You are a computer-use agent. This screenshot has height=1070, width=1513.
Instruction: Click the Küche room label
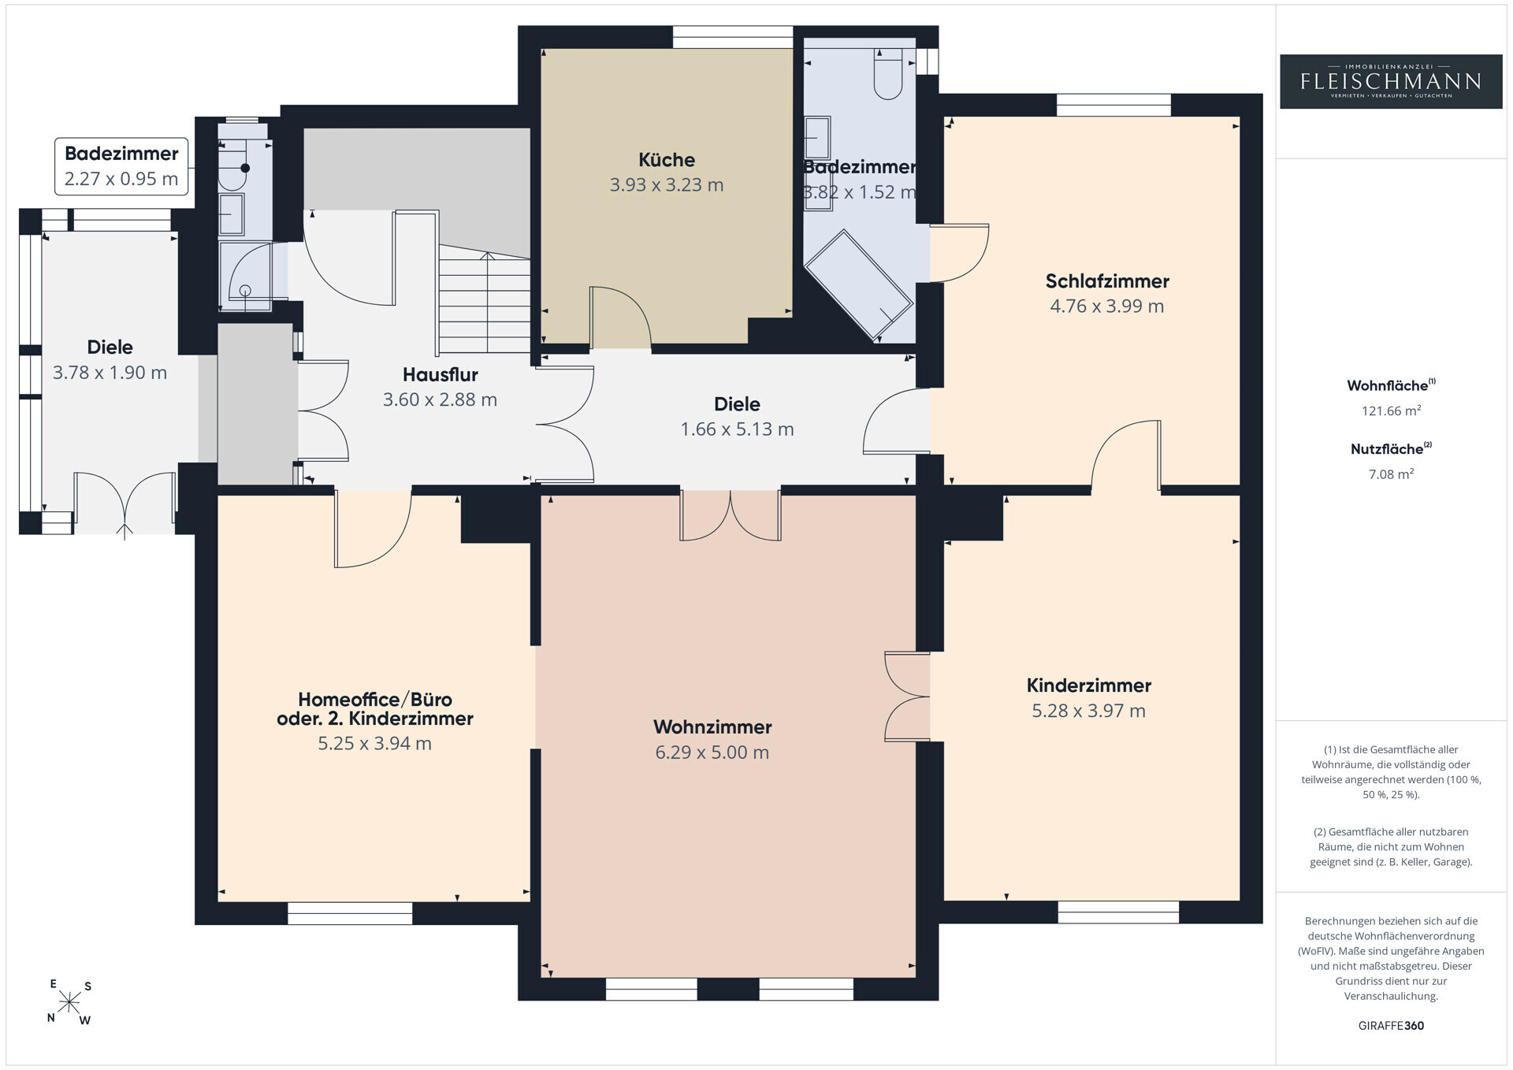click(x=667, y=160)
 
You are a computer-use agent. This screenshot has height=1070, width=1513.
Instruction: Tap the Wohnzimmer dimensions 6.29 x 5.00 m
click(x=712, y=752)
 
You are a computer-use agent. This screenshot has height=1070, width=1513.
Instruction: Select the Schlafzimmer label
click(x=1107, y=281)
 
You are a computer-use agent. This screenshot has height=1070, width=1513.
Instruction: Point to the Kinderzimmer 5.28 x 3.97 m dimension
click(x=1089, y=711)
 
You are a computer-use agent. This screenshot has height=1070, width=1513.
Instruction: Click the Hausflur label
click(x=441, y=375)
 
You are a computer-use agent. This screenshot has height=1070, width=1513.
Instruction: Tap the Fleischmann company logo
click(x=1391, y=81)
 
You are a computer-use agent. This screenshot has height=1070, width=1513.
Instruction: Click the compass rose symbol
click(x=69, y=1002)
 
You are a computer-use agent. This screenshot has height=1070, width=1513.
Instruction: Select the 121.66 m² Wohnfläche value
click(x=1391, y=411)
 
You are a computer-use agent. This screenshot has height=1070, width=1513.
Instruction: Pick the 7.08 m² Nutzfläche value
click(x=1391, y=474)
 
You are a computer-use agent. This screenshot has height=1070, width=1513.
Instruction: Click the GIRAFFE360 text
click(x=1391, y=1026)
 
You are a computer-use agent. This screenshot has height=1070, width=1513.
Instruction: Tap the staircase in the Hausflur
click(x=484, y=299)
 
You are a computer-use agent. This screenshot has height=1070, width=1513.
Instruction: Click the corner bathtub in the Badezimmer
click(x=857, y=284)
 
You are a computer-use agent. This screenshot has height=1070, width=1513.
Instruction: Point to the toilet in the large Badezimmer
click(x=888, y=73)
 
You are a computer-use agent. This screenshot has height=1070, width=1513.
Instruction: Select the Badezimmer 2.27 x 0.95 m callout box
click(x=122, y=166)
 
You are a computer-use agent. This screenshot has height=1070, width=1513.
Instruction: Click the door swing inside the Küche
click(x=620, y=317)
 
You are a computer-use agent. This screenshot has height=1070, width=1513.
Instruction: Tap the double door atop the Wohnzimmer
click(x=730, y=515)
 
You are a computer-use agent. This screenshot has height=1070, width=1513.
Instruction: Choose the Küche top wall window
click(x=732, y=37)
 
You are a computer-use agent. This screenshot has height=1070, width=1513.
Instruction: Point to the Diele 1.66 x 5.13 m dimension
click(x=738, y=429)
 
